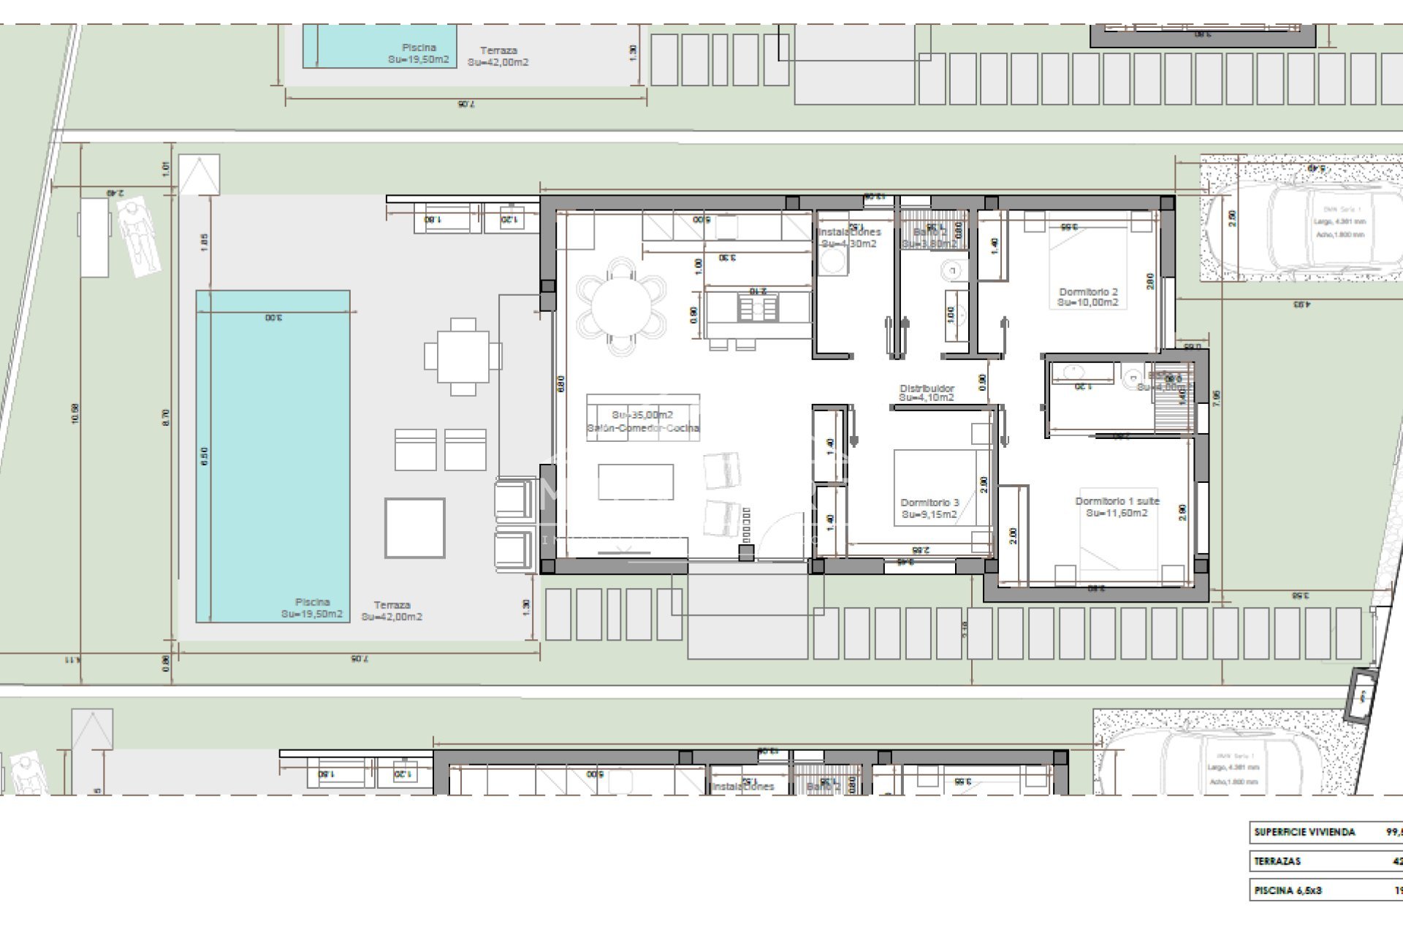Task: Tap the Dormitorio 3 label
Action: [929, 508]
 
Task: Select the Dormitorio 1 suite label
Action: [1117, 507]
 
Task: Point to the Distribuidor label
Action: [927, 393]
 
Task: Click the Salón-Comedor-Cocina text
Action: [643, 428]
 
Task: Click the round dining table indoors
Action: [621, 307]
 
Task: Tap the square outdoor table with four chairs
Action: [463, 356]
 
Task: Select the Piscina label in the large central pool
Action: [312, 608]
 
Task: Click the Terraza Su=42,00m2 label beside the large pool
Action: [392, 611]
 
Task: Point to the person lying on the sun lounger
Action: [139, 237]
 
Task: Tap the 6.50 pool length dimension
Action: [205, 457]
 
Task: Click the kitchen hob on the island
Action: [757, 309]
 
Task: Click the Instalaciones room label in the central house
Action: [850, 237]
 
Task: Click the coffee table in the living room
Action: [636, 481]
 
